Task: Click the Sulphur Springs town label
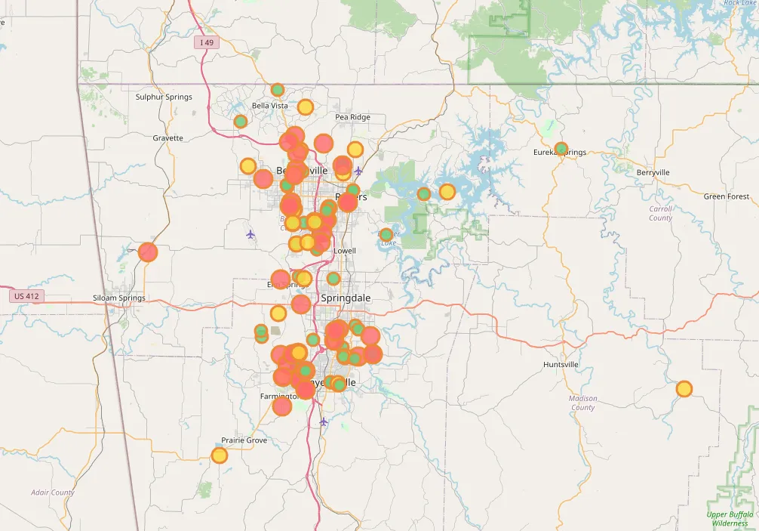(x=164, y=97)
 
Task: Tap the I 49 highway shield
(x=207, y=43)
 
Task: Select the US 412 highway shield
(x=26, y=296)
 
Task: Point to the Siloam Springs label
(x=119, y=298)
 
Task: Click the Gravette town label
(x=167, y=138)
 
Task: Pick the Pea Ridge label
(x=352, y=117)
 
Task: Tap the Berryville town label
(x=653, y=172)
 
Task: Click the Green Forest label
(x=727, y=196)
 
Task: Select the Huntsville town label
(x=561, y=364)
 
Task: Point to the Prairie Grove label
(x=244, y=440)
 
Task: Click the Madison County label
(x=582, y=403)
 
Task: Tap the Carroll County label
(x=660, y=213)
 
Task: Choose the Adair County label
(x=53, y=492)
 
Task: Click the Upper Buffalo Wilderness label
(x=729, y=519)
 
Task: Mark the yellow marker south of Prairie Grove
(x=219, y=455)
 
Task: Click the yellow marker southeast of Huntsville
(x=684, y=389)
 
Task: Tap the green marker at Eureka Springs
(x=561, y=149)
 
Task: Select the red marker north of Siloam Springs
(x=148, y=252)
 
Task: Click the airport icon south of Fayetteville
(x=324, y=421)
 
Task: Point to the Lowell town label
(x=344, y=251)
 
